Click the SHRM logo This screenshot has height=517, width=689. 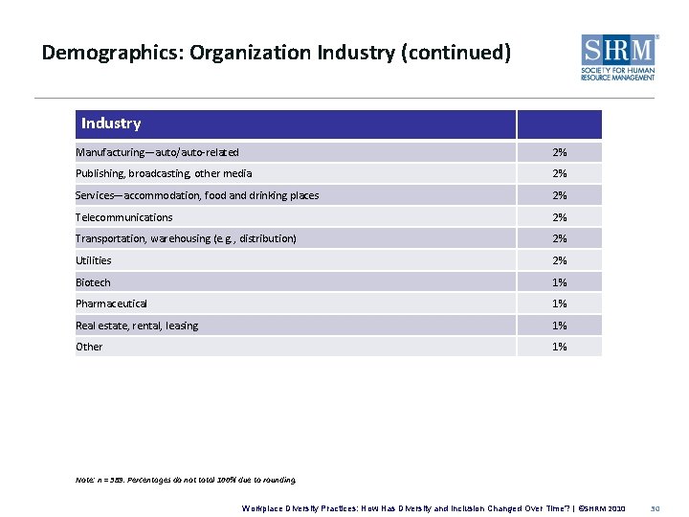(619, 57)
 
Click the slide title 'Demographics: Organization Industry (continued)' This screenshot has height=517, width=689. (277, 52)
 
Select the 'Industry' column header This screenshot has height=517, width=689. (111, 124)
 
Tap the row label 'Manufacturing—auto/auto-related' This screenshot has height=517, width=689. (157, 152)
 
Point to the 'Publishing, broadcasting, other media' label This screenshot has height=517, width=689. (164, 173)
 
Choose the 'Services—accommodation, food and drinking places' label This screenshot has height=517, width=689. (197, 195)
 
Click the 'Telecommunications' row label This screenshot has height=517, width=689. (124, 217)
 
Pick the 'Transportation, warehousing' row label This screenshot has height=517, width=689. (186, 238)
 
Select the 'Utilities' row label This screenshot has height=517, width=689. (94, 260)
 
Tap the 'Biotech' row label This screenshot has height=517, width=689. (93, 282)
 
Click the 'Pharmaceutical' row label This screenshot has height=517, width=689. (112, 303)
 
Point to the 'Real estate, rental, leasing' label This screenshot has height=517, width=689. (137, 326)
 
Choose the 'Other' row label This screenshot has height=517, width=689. (89, 347)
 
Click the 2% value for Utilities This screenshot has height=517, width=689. (559, 260)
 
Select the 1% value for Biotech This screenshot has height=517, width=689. (559, 282)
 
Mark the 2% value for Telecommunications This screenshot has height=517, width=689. (559, 217)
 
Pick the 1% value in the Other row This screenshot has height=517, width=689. (559, 347)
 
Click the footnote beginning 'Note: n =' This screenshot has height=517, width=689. (186, 480)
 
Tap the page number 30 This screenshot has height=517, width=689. (655, 507)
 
